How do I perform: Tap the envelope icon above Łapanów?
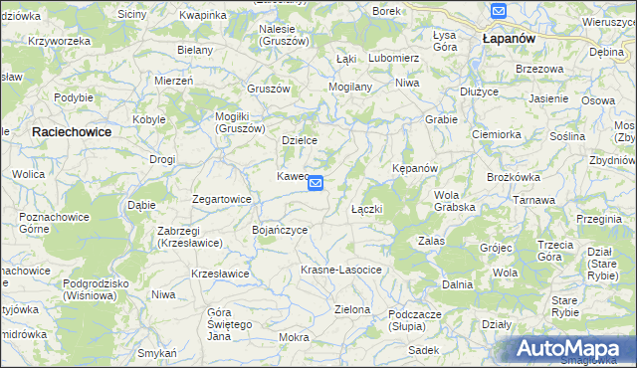point(499,12)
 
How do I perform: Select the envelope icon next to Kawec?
point(316,183)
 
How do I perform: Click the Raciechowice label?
point(71,131)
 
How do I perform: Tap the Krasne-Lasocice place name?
point(341,271)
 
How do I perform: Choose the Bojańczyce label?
point(279,230)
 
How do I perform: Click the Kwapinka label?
point(203,16)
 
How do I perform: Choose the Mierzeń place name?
point(173,81)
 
